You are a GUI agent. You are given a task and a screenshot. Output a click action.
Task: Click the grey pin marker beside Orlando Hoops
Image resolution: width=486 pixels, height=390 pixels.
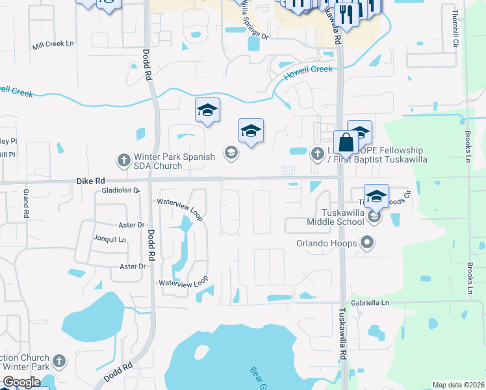tap(367, 244)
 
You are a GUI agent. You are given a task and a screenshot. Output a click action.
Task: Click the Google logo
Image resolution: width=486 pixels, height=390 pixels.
tap(21, 382)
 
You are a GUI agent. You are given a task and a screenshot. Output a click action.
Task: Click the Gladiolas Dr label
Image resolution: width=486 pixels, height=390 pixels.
tap(121, 190)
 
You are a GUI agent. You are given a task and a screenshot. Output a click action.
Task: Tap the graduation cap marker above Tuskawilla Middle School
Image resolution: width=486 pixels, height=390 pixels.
tap(376, 196)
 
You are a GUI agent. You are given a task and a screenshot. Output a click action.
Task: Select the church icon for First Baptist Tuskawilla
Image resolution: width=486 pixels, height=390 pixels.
tap(317, 153)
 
